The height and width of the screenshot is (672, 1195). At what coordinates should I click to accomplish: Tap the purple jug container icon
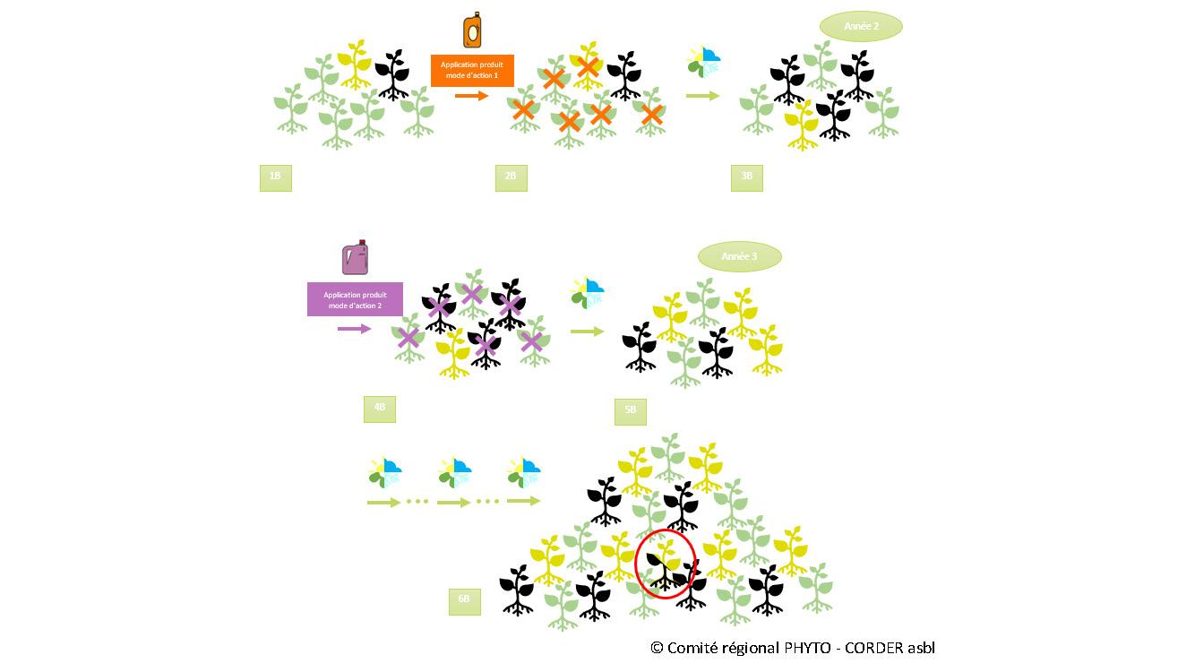[x=356, y=257]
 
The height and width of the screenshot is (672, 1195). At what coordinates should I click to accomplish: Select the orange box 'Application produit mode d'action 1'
[x=472, y=71]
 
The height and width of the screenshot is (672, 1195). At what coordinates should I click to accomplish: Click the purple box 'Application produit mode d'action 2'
[x=355, y=299]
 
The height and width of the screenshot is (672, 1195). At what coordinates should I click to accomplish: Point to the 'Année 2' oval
[x=861, y=27]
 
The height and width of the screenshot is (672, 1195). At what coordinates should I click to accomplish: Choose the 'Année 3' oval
[x=739, y=257]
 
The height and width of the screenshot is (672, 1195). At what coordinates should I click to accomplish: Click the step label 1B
[x=275, y=177]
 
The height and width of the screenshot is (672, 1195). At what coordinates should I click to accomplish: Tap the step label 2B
[x=511, y=177]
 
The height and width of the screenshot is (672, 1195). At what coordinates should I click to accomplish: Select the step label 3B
[x=746, y=177]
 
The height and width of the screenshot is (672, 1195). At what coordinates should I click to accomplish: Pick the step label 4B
[x=379, y=408]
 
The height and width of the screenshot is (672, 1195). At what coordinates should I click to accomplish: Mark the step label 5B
[x=630, y=410]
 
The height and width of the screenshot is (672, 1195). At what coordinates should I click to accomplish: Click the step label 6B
[x=464, y=599]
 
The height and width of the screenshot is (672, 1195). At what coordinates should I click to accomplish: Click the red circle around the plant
[x=666, y=565]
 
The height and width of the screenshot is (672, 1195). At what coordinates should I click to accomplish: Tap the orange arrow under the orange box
[x=471, y=95]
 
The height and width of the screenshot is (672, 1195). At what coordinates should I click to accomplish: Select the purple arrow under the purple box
[x=354, y=329]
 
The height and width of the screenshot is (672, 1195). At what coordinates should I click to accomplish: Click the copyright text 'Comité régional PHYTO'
[x=792, y=648]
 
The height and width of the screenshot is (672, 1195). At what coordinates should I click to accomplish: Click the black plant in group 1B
[x=391, y=73]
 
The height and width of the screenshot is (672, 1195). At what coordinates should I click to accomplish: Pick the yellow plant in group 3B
[x=802, y=124]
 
